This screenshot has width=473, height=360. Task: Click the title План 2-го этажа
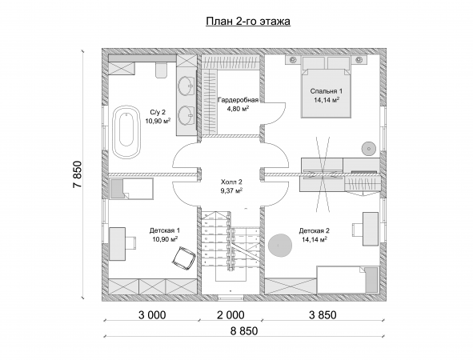(248, 22)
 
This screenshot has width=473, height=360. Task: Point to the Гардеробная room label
(239, 100)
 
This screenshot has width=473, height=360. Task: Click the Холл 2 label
(231, 182)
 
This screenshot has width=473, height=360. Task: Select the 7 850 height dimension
(77, 174)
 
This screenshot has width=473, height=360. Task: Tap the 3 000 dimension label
(152, 315)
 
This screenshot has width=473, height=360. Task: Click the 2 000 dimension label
(230, 315)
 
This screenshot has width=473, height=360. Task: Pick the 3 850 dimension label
(323, 315)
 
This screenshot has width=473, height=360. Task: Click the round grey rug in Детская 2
(280, 246)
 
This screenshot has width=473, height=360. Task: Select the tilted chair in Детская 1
(184, 257)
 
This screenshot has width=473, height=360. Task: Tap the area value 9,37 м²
(231, 190)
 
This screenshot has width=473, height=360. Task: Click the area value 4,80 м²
(238, 109)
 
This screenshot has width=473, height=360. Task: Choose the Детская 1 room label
(165, 230)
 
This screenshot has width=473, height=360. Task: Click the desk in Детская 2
(370, 229)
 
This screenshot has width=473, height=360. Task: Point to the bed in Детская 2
(347, 279)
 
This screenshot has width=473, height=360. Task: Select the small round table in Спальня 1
(368, 148)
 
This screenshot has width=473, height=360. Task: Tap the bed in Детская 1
(131, 189)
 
